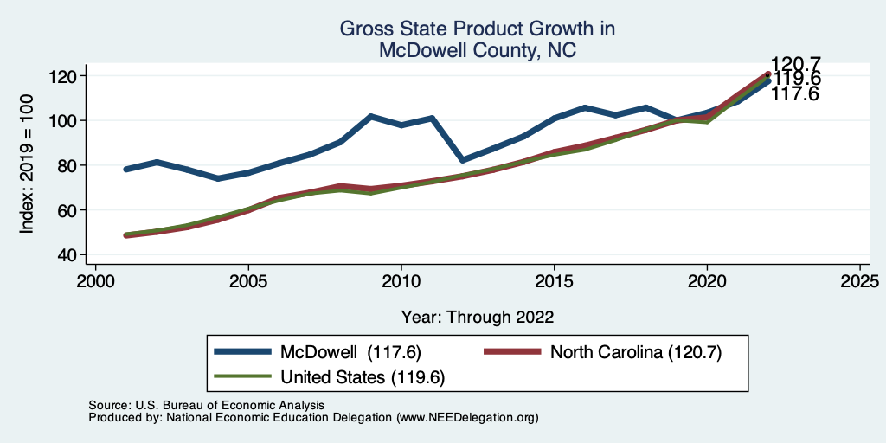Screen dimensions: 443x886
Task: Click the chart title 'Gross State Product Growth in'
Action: pyautogui.click(x=478, y=29)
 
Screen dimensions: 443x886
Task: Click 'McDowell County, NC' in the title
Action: pyautogui.click(x=478, y=50)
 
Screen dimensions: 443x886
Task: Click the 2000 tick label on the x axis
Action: pyautogui.click(x=95, y=281)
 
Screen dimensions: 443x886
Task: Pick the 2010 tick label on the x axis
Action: pyautogui.click(x=401, y=281)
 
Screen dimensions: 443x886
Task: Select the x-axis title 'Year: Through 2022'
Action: pyautogui.click(x=478, y=316)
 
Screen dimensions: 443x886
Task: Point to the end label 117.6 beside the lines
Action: pyautogui.click(x=795, y=94)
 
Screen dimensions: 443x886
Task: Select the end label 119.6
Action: pyautogui.click(x=795, y=80)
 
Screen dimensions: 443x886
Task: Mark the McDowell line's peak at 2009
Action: pyautogui.click(x=370, y=116)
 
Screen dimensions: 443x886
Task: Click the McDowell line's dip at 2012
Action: pyautogui.click(x=462, y=160)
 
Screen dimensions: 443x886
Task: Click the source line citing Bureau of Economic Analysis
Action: pyautogui.click(x=206, y=405)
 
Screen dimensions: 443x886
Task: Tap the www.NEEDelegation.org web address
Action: pyautogui.click(x=467, y=417)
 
